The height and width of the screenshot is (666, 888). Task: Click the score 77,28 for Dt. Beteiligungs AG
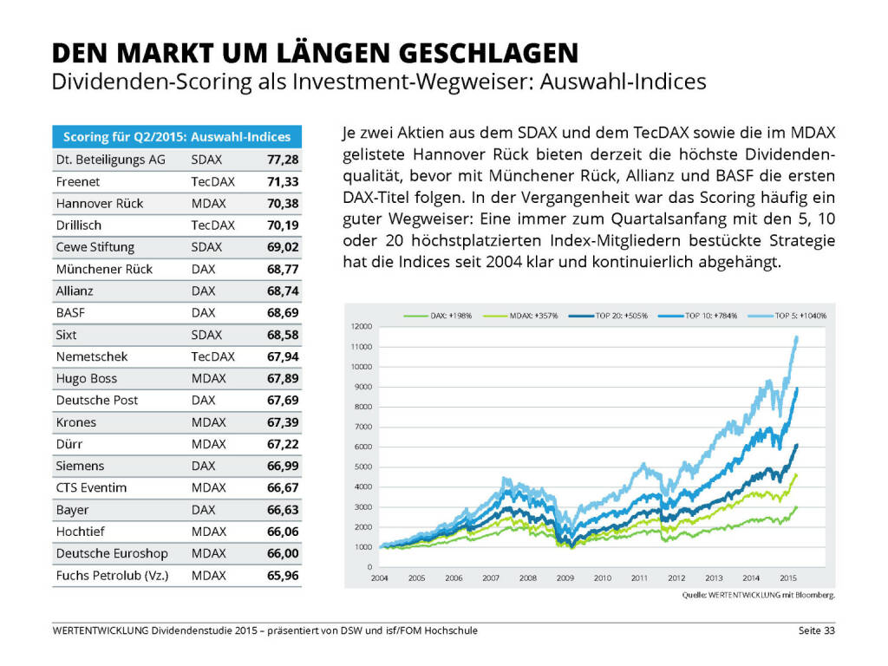coord(282,160)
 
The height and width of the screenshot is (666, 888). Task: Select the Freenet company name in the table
coord(78,181)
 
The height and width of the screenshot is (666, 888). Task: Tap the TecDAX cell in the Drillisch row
coord(212,225)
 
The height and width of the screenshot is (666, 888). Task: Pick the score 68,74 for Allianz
coord(282,291)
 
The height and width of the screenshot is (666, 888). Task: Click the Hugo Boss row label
coord(86,378)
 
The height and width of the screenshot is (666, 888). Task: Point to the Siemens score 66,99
coord(282,466)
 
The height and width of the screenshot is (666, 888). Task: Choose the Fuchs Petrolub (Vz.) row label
coord(112,575)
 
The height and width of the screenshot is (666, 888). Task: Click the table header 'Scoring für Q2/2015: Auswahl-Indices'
coord(177,136)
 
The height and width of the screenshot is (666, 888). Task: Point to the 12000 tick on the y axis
coord(361,326)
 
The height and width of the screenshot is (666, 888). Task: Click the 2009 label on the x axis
coord(564,577)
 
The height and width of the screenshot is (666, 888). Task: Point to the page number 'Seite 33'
coord(816,630)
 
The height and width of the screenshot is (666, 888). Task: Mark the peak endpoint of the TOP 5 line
coord(797,337)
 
